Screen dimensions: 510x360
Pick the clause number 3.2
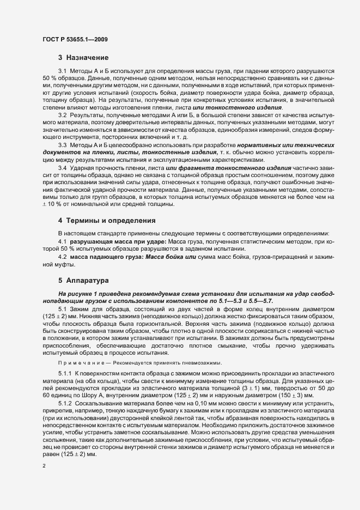(x=62, y=115)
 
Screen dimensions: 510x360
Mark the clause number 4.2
(x=62, y=257)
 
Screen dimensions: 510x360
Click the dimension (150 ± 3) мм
(x=295, y=393)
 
